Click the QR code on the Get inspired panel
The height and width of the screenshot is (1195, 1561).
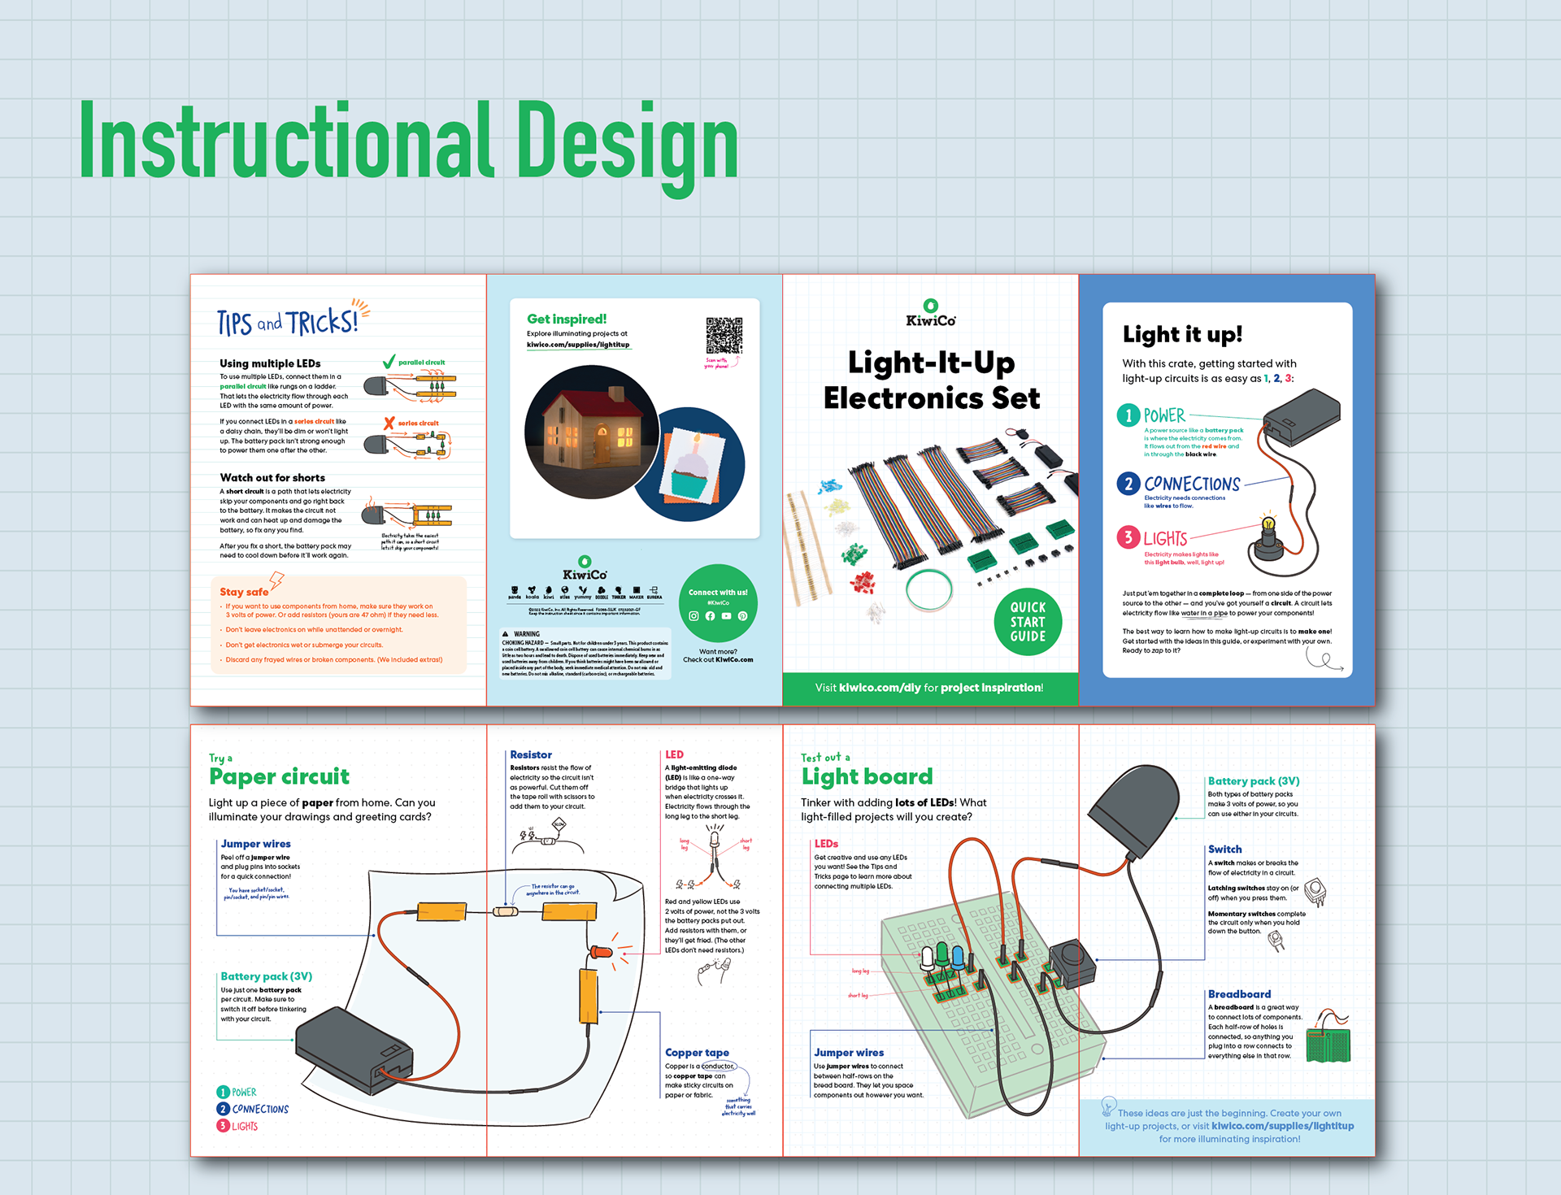pyautogui.click(x=724, y=335)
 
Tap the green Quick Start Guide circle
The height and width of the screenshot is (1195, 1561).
pyautogui.click(x=1028, y=622)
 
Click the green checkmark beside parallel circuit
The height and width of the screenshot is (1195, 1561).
pyautogui.click(x=389, y=362)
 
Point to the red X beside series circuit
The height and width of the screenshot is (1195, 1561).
pyautogui.click(x=389, y=423)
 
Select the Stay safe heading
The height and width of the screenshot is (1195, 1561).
pyautogui.click(x=244, y=592)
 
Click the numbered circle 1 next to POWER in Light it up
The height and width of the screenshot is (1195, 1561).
pyautogui.click(x=1128, y=415)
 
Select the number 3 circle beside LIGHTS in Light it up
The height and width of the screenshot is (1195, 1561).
pyautogui.click(x=1128, y=537)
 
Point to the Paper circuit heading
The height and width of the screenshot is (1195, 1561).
pyautogui.click(x=279, y=776)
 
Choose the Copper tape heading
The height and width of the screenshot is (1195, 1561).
pyautogui.click(x=697, y=1052)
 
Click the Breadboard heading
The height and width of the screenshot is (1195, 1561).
pyautogui.click(x=1239, y=993)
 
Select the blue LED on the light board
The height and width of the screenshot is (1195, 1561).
pyautogui.click(x=958, y=958)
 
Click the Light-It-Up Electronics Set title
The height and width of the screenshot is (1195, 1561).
pyautogui.click(x=931, y=380)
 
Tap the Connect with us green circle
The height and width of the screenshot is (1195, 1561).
pyautogui.click(x=718, y=603)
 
